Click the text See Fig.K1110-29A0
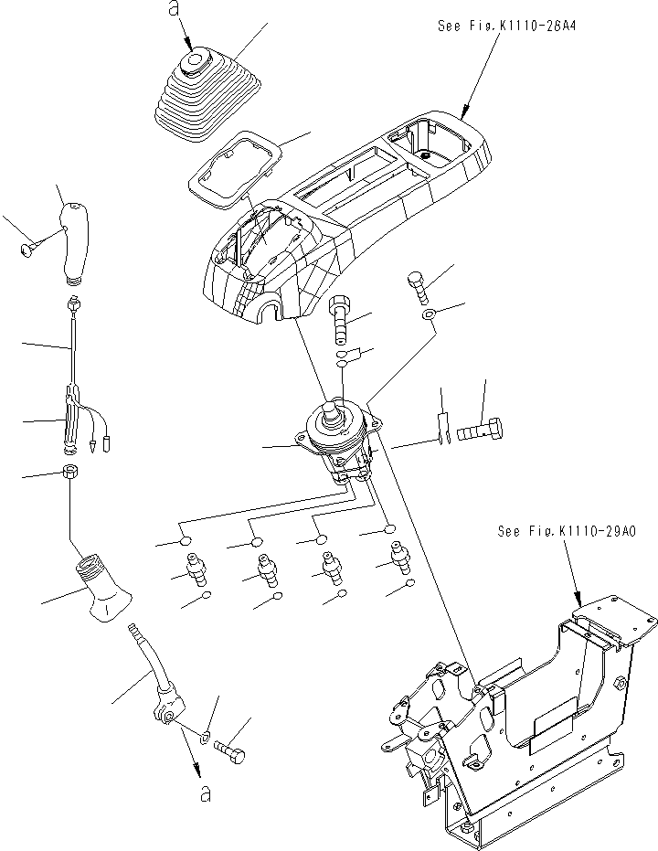point(567,530)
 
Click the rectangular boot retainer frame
point(228,167)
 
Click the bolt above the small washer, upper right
point(418,285)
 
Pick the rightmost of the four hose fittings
point(398,558)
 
